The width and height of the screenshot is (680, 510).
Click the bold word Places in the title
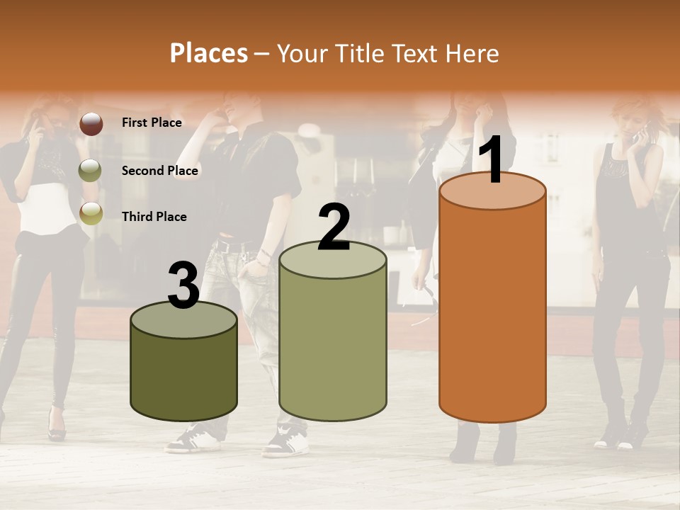[209, 53]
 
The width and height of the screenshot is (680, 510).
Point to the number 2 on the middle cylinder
[334, 228]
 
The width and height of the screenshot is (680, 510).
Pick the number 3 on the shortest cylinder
[183, 285]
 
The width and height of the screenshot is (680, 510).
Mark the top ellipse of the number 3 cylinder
[183, 319]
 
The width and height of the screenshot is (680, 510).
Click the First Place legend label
[152, 123]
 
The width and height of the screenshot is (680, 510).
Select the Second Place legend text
[159, 170]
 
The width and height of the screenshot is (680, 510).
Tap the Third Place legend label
[154, 217]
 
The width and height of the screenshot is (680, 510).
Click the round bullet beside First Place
[91, 123]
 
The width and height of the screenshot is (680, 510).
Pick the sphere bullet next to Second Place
[90, 170]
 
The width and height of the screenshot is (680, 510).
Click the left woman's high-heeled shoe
[57, 428]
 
